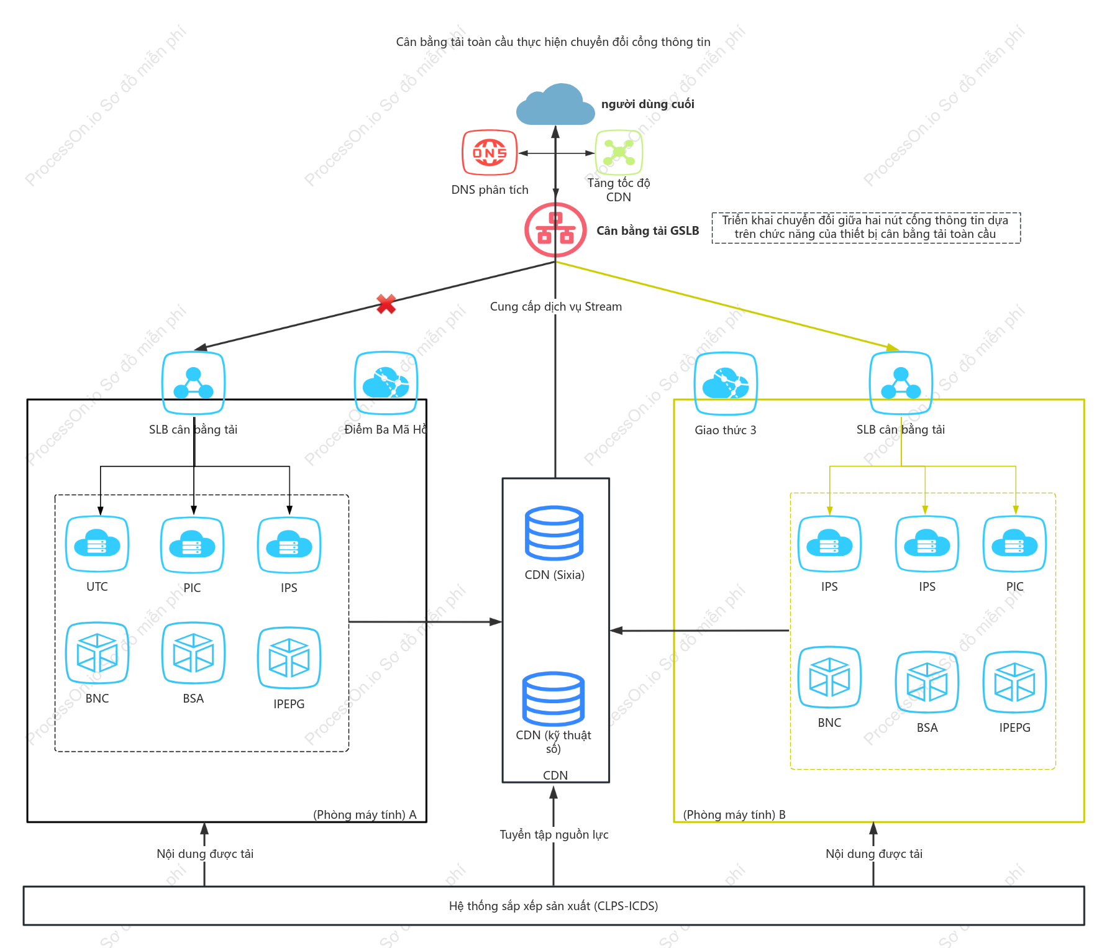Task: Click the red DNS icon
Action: pos(490,152)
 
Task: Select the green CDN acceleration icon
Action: pos(619,152)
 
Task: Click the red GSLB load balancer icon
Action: pos(555,230)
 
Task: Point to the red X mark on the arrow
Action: pos(386,304)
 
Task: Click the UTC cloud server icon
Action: pos(98,544)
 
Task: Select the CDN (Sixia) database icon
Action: pos(554,533)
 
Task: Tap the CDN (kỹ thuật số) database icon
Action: pos(553,699)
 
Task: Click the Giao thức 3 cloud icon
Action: pos(726,383)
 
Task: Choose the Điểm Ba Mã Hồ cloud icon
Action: pos(386,383)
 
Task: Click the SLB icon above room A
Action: pos(193,383)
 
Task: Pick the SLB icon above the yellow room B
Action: pos(901,383)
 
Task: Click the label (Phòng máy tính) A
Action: pos(365,814)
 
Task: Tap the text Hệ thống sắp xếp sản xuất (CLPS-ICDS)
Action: pos(553,906)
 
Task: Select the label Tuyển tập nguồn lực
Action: pos(554,834)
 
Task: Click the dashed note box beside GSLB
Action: pos(866,227)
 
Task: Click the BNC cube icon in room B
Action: pos(829,677)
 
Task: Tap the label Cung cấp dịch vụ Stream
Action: pos(556,306)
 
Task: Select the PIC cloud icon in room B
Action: pos(1015,544)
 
